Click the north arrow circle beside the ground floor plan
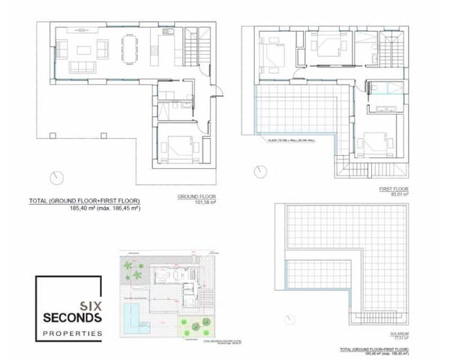point(53,178)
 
